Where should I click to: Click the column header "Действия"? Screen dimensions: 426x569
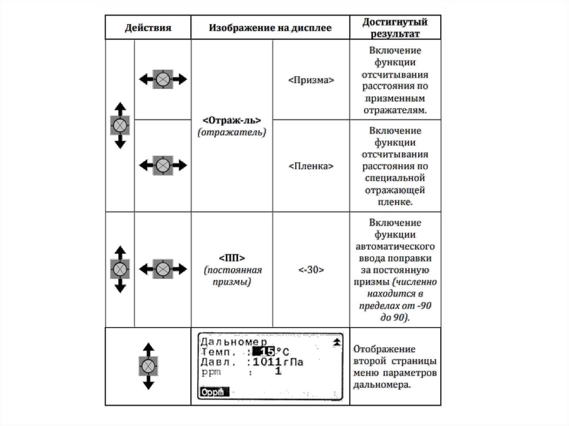click(147, 28)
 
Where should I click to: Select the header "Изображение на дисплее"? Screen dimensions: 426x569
click(270, 28)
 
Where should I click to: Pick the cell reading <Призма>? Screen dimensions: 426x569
click(311, 80)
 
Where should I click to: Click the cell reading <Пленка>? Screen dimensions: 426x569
click(311, 166)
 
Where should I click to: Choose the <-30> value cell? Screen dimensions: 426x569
click(311, 269)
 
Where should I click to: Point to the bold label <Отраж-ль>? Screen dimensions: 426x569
click(232, 121)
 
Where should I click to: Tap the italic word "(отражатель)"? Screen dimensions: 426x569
click(232, 133)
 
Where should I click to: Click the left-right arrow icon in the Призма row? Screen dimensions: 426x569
click(163, 79)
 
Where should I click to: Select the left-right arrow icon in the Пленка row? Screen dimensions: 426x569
click(163, 166)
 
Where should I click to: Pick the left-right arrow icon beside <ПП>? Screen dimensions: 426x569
click(163, 269)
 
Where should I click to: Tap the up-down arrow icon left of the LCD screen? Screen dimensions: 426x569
click(148, 366)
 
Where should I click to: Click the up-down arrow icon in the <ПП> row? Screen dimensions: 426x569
click(120, 269)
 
